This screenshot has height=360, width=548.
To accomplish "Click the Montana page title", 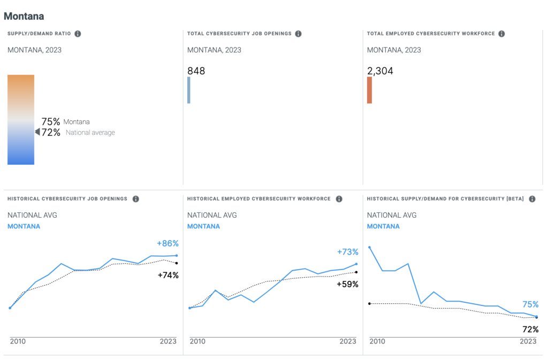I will pos(24,16).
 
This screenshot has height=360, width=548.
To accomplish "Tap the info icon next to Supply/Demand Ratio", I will pos(78,34).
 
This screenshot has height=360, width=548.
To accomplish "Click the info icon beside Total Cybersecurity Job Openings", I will pos(298,34).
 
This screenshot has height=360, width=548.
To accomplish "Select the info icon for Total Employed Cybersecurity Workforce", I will pos(501,34).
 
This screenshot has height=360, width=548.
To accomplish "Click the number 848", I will pos(196,71).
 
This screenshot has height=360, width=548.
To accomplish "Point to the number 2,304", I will pos(380,71).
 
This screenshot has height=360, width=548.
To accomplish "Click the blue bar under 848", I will pos(189,90).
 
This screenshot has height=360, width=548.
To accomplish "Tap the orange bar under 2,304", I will pos(369,90).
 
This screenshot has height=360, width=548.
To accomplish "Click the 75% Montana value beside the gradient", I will pos(51,121).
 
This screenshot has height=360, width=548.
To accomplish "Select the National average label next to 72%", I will pos(90,133).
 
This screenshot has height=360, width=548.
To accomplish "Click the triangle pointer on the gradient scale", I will pos(37,132).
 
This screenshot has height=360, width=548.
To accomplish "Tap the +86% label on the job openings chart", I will pos(168,243).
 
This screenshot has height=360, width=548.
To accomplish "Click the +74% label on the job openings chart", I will pos(168,275).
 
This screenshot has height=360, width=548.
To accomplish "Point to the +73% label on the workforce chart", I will pos(347,252).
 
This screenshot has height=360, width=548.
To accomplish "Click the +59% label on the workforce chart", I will pos(347,284).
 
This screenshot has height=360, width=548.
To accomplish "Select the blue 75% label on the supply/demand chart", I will pos(530,304).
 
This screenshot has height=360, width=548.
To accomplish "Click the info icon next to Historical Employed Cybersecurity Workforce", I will pos(339,199).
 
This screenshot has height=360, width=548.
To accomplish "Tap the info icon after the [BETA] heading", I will pos(532,199).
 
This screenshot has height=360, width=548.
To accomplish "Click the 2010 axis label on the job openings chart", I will pos(18,341).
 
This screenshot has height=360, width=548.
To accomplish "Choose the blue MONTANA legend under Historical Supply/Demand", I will pos(383,226).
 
